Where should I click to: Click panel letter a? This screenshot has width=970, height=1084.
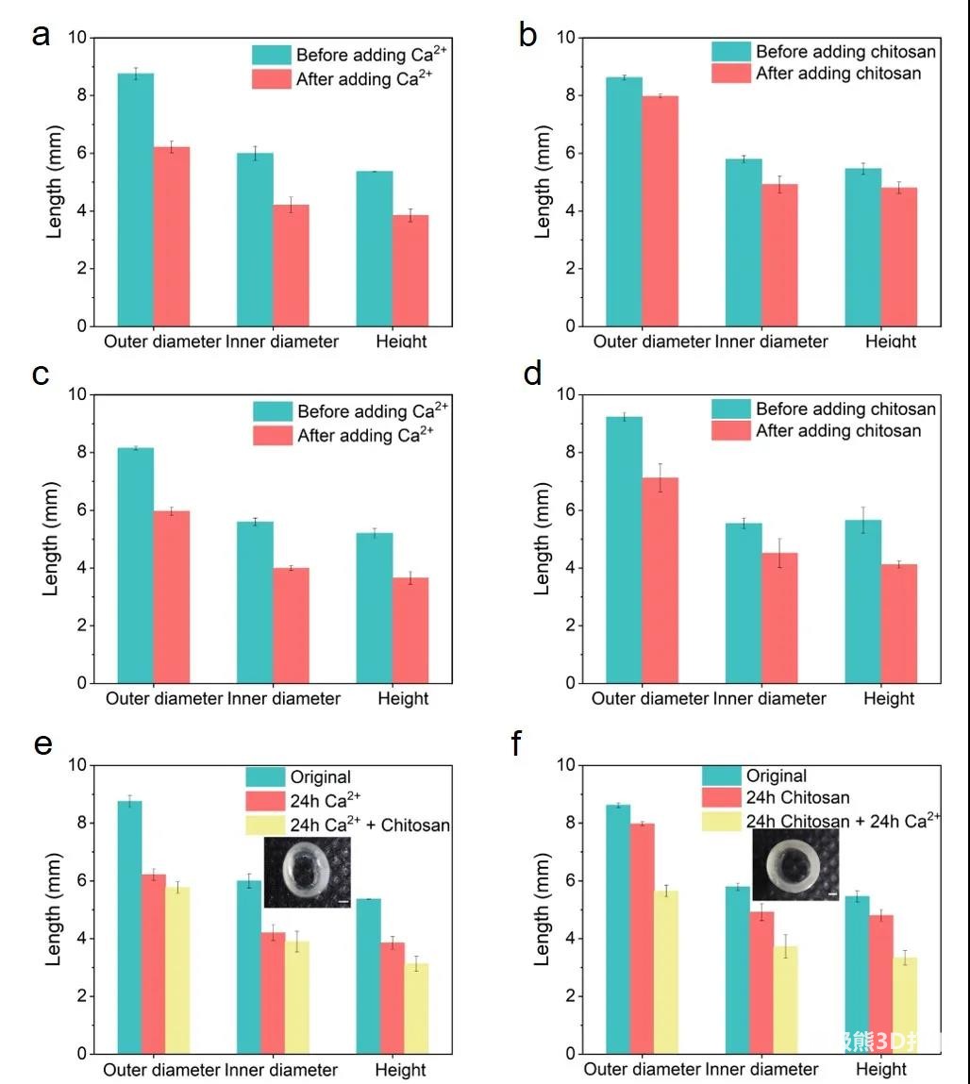point(41,37)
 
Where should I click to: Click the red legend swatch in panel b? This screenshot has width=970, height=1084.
point(730,74)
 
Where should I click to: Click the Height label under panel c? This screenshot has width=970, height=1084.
point(403,699)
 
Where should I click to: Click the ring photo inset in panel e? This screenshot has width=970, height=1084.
point(308,873)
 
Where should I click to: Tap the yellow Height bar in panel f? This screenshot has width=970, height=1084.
point(904,1006)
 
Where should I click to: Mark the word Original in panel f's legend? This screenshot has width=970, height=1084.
point(777,775)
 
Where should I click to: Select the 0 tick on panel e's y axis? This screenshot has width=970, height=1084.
point(80,1054)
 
